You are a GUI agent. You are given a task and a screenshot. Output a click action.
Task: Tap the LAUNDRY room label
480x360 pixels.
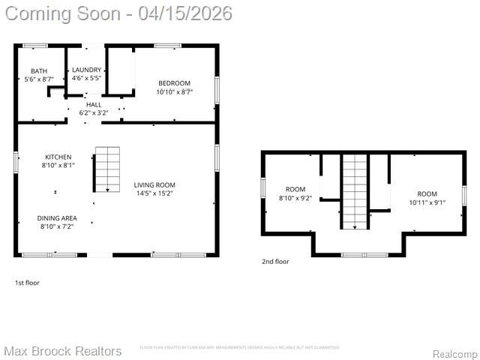[86, 70]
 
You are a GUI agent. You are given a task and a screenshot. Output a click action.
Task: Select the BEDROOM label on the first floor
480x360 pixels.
[174, 82]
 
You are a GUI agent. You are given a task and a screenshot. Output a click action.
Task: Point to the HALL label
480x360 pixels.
[94, 104]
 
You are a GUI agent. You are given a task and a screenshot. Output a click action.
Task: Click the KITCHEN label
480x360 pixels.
[58, 156]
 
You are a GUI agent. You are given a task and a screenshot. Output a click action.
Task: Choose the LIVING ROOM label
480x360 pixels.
[154, 184]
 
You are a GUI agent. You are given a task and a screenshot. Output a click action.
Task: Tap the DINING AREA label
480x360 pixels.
[57, 217]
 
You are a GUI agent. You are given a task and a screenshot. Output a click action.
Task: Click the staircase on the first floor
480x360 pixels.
[107, 169]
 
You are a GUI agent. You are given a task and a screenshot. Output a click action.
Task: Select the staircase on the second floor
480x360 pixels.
[355, 191]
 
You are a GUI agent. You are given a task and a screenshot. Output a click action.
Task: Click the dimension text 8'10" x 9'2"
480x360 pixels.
[295, 198]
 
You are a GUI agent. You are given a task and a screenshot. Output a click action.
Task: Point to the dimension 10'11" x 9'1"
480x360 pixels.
[427, 202]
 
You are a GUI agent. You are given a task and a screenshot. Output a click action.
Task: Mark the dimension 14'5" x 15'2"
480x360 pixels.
[154, 193]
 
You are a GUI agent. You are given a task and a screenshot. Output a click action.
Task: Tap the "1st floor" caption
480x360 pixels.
[27, 283]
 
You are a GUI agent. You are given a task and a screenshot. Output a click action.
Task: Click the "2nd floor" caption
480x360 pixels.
[275, 262]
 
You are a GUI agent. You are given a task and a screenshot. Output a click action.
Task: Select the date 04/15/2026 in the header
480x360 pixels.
[185, 13]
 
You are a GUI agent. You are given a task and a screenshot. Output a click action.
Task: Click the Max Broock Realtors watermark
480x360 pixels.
[62, 351]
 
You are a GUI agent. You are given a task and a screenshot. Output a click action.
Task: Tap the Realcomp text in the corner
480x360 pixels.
[455, 354]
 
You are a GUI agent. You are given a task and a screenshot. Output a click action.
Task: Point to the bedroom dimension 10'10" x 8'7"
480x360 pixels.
[174, 91]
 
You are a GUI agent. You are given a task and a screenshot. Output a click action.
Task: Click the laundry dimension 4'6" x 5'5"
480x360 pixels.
[86, 78]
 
